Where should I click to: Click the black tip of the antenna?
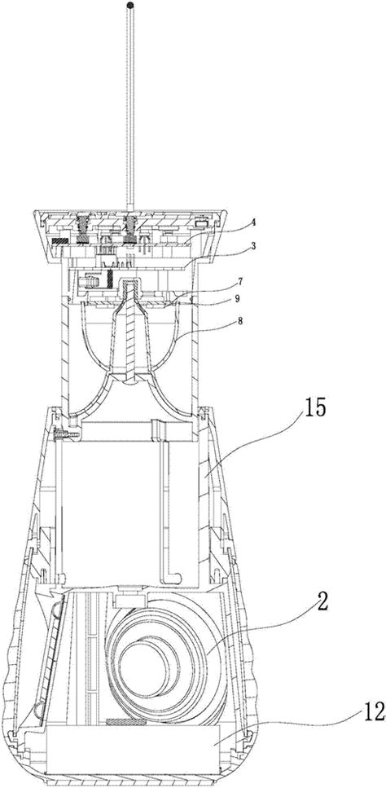coord(131,6)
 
